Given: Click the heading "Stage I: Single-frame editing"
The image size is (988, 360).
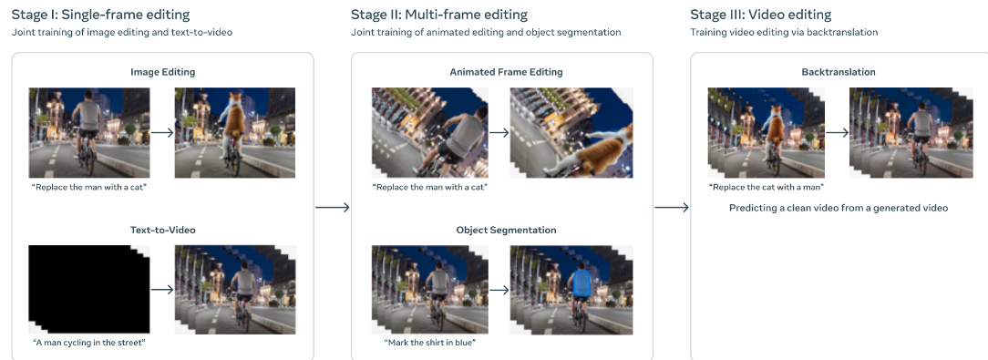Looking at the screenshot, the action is [x=101, y=15].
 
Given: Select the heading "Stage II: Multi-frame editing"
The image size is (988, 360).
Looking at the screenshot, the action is [x=439, y=15].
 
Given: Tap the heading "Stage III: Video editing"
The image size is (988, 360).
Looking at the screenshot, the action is [x=760, y=15].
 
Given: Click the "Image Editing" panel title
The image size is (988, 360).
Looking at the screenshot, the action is [x=162, y=72].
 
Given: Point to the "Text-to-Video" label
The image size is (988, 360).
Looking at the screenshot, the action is [x=162, y=230].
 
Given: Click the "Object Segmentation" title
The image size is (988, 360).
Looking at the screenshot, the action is [x=506, y=230].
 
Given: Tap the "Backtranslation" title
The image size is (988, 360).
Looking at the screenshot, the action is [x=838, y=72].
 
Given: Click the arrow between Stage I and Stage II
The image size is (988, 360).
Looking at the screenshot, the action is [x=332, y=208].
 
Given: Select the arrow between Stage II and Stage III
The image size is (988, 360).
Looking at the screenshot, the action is [x=672, y=208].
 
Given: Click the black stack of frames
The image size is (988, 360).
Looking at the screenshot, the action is [x=88, y=290].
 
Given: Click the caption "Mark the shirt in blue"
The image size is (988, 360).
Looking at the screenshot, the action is [x=429, y=343].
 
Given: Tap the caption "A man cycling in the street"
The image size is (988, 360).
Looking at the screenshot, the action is [x=88, y=343].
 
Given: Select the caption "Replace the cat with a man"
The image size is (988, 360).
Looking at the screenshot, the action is [x=767, y=187].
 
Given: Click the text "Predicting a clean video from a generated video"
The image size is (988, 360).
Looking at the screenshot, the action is [x=838, y=208].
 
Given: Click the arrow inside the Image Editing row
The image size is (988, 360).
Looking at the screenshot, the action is [x=162, y=132].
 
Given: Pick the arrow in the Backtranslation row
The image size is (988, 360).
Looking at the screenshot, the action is [x=837, y=132].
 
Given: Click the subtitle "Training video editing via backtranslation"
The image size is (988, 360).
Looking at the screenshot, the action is [x=784, y=32].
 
